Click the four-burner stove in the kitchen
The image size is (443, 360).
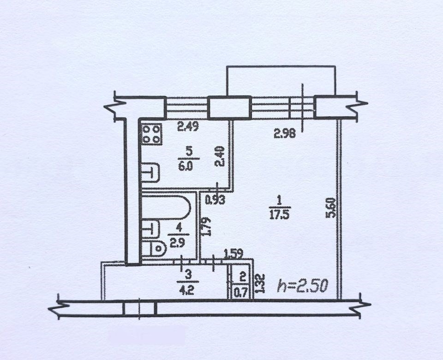pos(152,134)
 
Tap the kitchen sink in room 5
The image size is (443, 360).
pos(150,172)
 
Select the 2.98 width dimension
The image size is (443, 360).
pos(285,133)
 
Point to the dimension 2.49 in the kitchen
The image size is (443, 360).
pos(188,126)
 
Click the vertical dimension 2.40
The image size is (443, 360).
pos(220,156)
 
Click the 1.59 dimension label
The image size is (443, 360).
pos(233,254)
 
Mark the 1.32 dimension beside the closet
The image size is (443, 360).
pos(260,283)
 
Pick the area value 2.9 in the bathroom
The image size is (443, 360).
pos(178,243)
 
